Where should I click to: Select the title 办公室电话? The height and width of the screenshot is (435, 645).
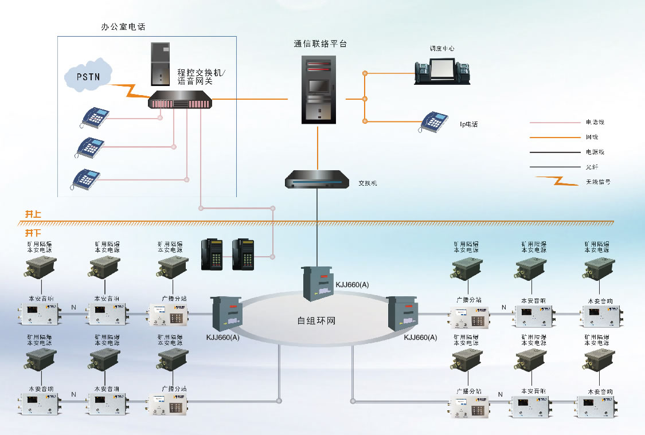tap(124, 26)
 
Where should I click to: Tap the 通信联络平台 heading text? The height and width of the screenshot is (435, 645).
tap(320, 44)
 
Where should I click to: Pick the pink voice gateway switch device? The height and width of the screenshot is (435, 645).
tap(180, 102)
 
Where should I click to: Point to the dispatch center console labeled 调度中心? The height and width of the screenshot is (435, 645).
tap(442, 70)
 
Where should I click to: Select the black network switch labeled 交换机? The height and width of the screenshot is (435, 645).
tap(317, 180)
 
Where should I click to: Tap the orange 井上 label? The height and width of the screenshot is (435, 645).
tap(33, 214)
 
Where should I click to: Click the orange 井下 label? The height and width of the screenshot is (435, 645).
tap(33, 233)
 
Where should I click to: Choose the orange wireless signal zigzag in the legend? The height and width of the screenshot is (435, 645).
tap(556, 181)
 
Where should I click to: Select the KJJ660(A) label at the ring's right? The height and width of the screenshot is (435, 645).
tap(420, 338)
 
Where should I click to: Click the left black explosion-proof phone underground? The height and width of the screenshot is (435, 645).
tap(210, 254)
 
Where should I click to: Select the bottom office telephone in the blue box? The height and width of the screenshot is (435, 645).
tap(85, 179)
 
